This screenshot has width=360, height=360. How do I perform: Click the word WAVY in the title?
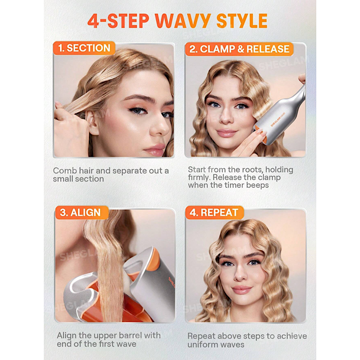click(183, 21)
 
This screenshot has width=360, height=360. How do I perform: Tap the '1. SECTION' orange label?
click(84, 48)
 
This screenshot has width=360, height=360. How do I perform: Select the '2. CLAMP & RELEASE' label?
click(239, 49)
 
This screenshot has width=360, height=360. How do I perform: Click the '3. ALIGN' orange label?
click(82, 212)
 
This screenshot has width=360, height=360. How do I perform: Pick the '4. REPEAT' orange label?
click(214, 212)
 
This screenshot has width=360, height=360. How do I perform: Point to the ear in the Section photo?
click(93, 123)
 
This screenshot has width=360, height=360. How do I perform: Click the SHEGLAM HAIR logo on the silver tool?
click(278, 119)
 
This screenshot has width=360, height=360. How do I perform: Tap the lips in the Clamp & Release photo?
click(226, 133)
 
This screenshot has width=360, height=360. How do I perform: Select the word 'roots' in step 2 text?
click(252, 170)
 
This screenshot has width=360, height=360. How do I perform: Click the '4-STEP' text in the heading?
click(118, 21)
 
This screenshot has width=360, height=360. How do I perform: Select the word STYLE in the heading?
click(242, 21)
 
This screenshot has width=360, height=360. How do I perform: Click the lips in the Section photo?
click(154, 149)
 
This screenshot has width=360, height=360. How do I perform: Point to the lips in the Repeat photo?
click(242, 290)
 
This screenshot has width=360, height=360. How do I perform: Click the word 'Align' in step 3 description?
click(66, 336)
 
